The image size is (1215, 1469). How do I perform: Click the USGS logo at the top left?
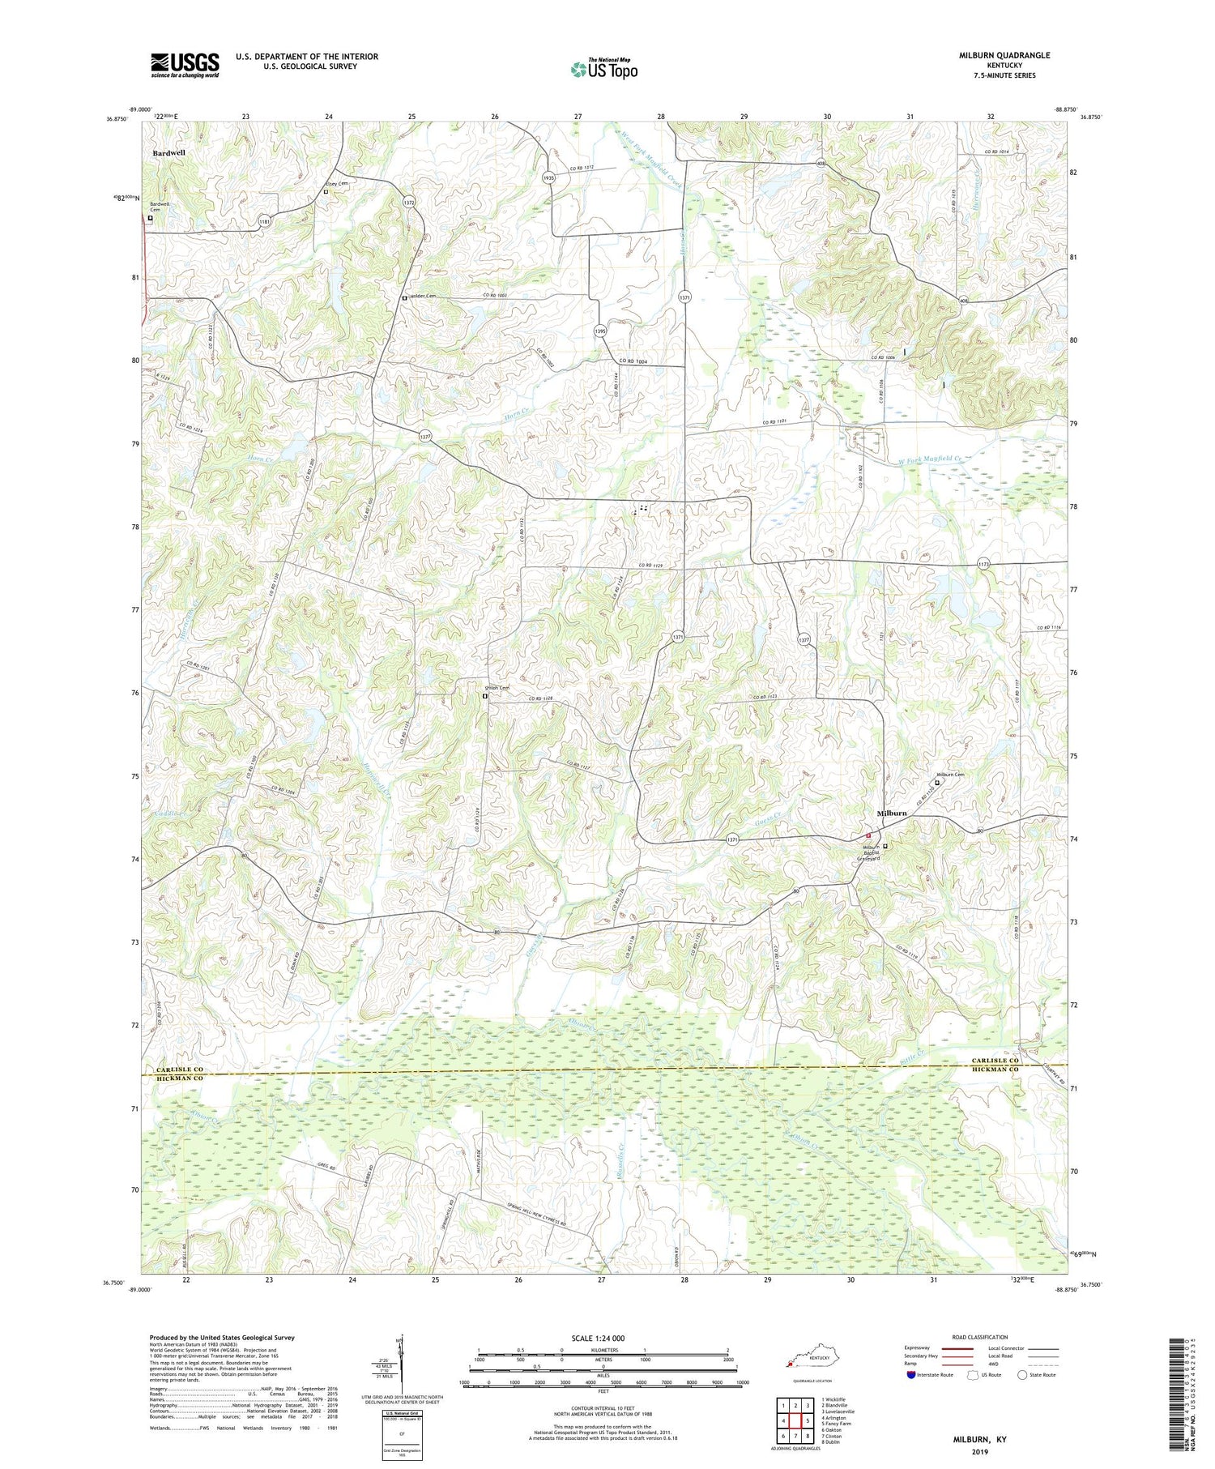pos(185,66)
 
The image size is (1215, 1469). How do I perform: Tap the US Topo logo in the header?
pos(603,69)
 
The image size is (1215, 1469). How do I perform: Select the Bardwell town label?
pos(168,152)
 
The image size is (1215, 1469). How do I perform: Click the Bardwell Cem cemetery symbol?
pos(150,217)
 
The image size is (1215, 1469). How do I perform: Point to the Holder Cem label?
pos(423,296)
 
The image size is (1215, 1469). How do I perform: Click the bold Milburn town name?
pos(892,814)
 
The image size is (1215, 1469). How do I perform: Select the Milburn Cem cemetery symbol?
pos(938,783)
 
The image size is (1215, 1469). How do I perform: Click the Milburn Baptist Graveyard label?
pos(869,852)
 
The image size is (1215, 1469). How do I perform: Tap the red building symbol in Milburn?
pos(867,835)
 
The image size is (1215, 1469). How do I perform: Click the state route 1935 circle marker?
pos(548,177)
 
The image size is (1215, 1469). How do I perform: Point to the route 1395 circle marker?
pos(599,331)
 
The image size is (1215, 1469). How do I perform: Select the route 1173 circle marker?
pos(983,565)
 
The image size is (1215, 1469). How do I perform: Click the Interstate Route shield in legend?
pos(912,1375)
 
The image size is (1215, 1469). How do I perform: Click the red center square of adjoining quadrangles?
pos(795,1398)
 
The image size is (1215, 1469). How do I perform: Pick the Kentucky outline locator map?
pos(807,1360)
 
